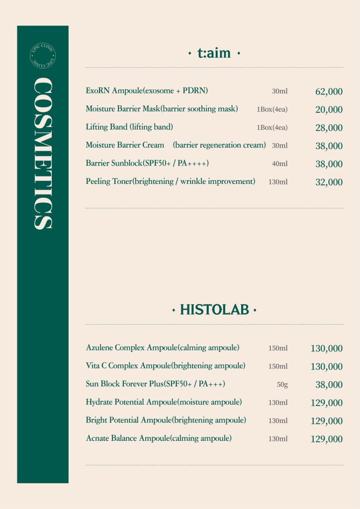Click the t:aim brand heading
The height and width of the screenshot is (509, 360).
pos(214,53)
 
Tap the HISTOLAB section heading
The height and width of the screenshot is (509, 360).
pos(214,311)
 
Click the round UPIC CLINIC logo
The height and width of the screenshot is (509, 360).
pos(42,56)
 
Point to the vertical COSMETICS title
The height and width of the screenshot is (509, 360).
pos(42,154)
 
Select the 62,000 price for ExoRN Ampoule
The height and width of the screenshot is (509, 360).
pos(329,91)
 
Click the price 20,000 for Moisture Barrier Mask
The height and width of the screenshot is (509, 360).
pos(329,110)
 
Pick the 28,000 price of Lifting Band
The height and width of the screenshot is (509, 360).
pos(329,128)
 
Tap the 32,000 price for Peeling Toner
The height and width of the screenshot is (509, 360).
pos(329,182)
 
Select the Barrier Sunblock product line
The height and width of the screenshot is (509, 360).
pos(147,164)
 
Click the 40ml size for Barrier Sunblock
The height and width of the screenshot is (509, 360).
pos(279,164)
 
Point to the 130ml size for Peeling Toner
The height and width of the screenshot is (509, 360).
pos(278,182)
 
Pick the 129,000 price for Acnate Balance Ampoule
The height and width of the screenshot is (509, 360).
pos(326,439)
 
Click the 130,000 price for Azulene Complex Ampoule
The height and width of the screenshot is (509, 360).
pos(326,348)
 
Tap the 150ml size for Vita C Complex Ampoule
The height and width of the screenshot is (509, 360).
pos(278,366)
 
